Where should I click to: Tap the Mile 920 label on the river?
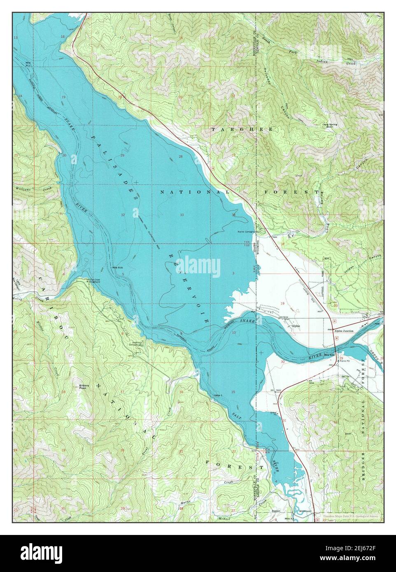tap(329, 355)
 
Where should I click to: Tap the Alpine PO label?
tap(345, 361)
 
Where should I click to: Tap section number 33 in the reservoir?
tap(182, 215)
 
